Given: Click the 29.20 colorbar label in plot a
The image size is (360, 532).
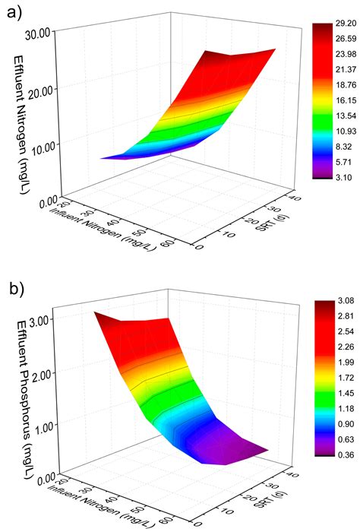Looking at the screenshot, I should tap(338, 24).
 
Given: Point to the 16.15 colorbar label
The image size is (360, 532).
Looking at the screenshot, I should tap(338, 100).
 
